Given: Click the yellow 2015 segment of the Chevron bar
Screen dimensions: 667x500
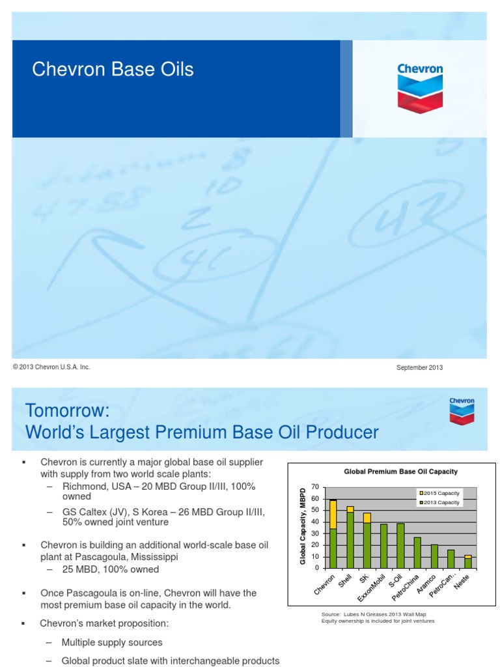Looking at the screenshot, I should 333,515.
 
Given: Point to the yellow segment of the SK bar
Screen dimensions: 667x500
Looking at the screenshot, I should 367,518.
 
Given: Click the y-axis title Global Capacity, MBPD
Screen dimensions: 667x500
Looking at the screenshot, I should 303,527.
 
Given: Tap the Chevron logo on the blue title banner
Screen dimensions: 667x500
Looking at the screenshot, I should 420,85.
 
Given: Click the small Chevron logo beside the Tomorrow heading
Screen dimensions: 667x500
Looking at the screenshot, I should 462,411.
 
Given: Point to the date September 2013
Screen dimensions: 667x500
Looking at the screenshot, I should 419,368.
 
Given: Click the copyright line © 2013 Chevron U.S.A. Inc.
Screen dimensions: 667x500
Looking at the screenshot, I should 51,367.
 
